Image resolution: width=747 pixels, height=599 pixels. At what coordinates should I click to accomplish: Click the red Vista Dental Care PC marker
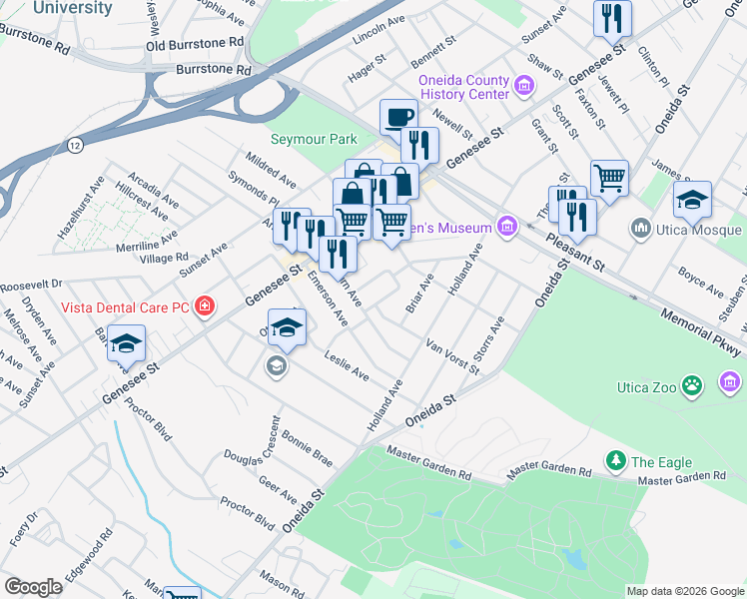[205, 304]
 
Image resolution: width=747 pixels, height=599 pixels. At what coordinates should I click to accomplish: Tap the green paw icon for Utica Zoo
[692, 384]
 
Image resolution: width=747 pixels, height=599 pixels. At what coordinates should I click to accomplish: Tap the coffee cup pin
[398, 117]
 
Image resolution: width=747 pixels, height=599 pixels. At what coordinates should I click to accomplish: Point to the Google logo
[34, 587]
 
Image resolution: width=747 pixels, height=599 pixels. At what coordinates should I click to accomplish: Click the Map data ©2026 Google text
[684, 591]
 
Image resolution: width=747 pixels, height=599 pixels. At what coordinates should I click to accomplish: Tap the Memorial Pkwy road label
[702, 328]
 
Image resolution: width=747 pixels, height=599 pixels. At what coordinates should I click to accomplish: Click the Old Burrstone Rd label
[195, 45]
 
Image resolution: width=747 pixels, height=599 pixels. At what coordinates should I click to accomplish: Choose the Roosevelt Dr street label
[31, 284]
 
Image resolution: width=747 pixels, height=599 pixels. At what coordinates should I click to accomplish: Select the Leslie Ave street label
[347, 365]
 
